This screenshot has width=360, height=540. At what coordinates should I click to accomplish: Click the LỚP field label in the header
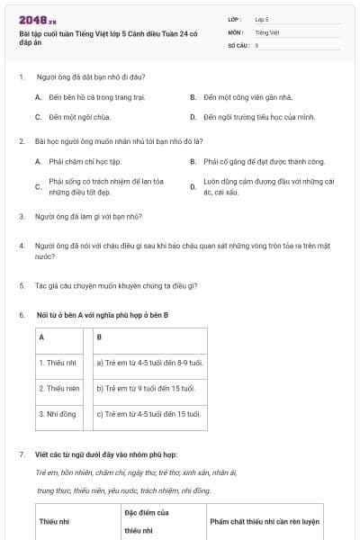235,18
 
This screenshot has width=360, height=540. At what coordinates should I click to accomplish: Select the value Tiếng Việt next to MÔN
267,31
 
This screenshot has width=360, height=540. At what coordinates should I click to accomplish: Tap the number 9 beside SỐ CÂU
257,44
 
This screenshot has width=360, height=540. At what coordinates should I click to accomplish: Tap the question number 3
22,217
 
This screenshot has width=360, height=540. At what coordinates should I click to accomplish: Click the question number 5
22,286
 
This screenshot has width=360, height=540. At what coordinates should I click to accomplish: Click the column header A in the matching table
41,337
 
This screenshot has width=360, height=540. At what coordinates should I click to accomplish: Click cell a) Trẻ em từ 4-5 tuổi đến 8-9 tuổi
150,363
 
